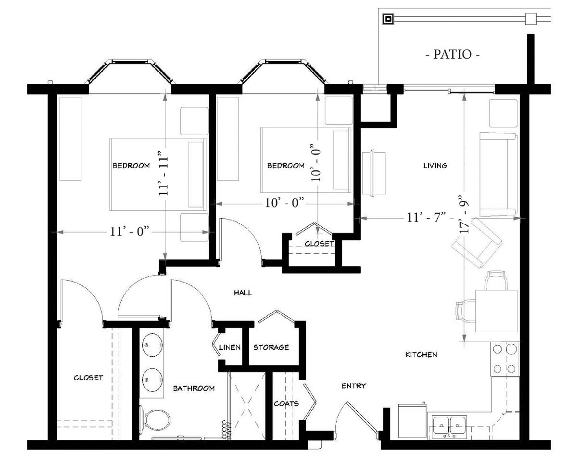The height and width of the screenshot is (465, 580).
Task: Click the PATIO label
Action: tap(452, 54)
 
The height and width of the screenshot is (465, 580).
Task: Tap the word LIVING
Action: tap(435, 165)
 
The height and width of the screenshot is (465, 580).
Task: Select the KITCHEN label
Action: tap(421, 354)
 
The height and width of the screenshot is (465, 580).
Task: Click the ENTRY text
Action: tap(353, 386)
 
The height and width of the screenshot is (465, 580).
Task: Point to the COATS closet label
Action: tap(286, 404)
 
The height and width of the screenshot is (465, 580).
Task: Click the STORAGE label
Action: tap(271, 348)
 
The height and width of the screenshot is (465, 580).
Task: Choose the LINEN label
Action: tap(229, 348)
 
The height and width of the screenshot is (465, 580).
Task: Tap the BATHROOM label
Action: tap(194, 388)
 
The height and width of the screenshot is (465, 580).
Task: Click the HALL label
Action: tap(243, 293)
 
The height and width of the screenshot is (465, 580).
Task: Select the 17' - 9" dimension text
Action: tap(465, 214)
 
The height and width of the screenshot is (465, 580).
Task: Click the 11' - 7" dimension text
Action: tap(426, 218)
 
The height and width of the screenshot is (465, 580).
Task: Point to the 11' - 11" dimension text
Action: tap(164, 173)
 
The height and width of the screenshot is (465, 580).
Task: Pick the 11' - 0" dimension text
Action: tap(129, 232)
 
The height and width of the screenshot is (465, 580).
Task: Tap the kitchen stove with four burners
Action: tap(505, 359)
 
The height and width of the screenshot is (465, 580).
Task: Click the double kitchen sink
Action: tap(449, 426)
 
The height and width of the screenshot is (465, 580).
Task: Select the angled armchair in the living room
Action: tap(477, 243)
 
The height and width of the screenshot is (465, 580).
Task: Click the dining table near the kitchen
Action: tap(496, 310)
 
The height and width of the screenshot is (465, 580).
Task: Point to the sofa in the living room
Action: tap(498, 175)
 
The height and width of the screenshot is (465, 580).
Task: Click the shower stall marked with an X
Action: tap(247, 406)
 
